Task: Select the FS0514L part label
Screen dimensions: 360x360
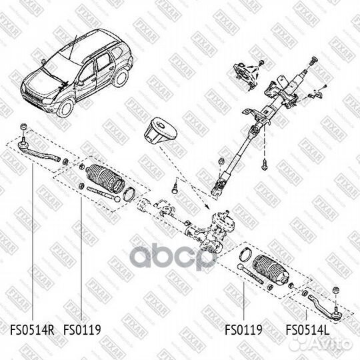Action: (308, 329)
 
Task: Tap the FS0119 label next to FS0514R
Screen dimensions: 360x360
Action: (82, 329)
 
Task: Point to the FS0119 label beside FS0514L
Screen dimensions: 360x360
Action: (243, 329)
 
